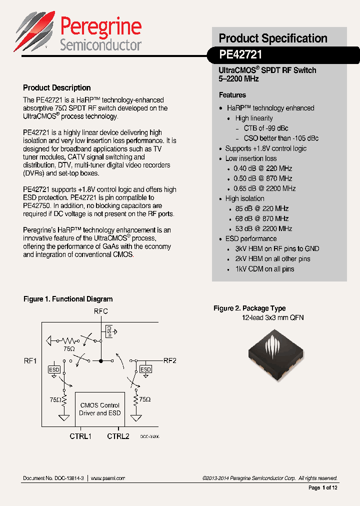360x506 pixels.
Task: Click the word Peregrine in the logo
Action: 100,26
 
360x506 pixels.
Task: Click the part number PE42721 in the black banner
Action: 240,54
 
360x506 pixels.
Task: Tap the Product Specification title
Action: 273,38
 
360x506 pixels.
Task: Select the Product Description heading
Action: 57,87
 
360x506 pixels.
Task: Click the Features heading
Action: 232,95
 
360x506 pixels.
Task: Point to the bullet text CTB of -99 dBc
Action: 266,128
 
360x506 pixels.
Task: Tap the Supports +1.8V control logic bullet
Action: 265,148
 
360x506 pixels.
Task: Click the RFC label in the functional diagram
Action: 101,311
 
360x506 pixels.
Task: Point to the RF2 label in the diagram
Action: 170,360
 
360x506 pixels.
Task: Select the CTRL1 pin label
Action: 80,436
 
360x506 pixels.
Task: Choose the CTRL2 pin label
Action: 118,436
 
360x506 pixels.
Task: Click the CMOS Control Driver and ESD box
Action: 100,409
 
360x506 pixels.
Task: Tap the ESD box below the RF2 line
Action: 145,369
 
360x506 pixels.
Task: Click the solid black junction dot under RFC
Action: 101,360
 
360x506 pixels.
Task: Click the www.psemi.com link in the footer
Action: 108,478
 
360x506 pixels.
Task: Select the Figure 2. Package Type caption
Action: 249,308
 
